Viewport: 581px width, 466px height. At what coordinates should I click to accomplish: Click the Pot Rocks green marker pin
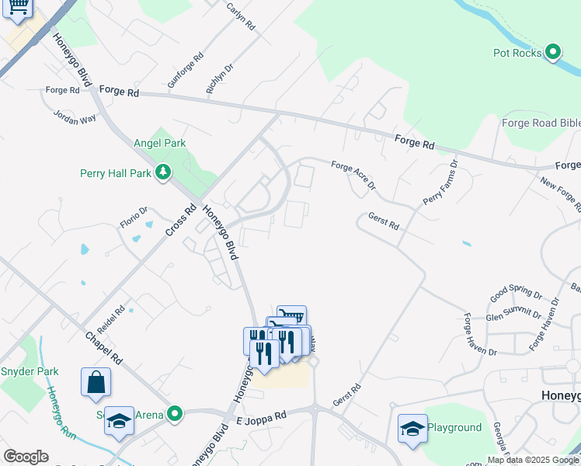click(553, 53)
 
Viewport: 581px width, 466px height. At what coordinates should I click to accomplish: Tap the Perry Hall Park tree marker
click(163, 172)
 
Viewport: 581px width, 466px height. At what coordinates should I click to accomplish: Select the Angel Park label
click(160, 143)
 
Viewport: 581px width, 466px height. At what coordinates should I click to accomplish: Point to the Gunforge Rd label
click(185, 70)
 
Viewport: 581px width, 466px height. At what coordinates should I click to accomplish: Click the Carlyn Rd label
click(241, 16)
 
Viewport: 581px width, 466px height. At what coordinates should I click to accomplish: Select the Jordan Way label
click(75, 117)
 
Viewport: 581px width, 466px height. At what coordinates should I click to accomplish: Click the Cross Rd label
click(181, 221)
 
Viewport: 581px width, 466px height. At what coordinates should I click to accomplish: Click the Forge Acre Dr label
click(353, 176)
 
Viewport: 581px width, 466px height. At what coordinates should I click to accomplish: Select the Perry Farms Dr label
click(440, 183)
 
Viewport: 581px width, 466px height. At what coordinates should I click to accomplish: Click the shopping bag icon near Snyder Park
click(96, 382)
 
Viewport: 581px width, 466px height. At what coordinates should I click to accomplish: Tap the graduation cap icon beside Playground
click(412, 428)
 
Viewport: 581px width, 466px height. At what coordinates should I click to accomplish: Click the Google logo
click(26, 457)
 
